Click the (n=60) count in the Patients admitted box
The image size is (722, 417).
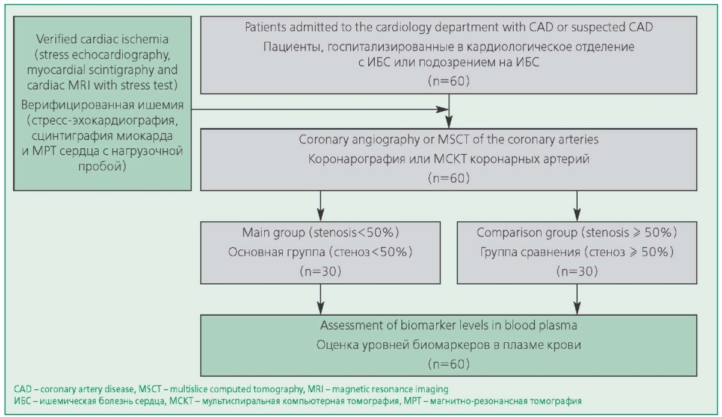point(449,81)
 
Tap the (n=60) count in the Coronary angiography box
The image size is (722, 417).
point(449,178)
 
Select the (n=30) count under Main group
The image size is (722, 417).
point(320,271)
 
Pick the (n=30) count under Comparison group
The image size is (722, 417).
point(577,271)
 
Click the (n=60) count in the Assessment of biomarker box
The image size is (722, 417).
point(449,364)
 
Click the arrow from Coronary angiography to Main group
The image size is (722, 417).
point(320,205)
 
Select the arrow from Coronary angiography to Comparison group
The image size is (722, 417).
point(577,205)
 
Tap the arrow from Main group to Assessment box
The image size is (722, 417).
point(320,299)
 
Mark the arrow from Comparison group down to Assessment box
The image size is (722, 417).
point(577,299)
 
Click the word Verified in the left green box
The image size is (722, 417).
point(57,39)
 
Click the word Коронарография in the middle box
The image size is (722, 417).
point(357,159)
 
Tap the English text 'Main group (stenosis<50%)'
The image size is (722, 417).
point(320,233)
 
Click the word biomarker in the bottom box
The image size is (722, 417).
point(444,325)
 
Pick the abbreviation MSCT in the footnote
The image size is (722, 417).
point(150,389)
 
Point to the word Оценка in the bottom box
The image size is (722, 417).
point(337,345)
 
